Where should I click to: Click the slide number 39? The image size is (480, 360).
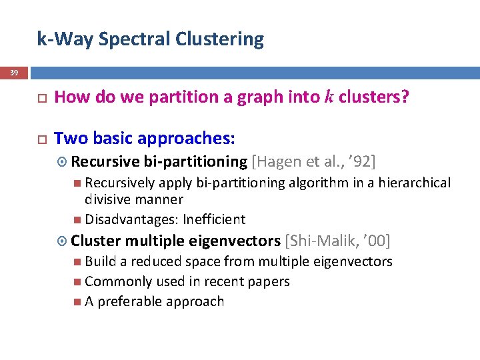tap(14, 72)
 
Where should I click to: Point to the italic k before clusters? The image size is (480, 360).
tap(329, 97)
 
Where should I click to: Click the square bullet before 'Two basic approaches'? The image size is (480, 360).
tap(41, 139)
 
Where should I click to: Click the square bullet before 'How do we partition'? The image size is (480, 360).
tap(41, 98)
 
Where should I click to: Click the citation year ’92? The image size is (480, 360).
tap(362, 161)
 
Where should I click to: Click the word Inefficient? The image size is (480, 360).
tap(214, 219)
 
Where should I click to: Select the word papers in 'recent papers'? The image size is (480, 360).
tap(270, 281)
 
